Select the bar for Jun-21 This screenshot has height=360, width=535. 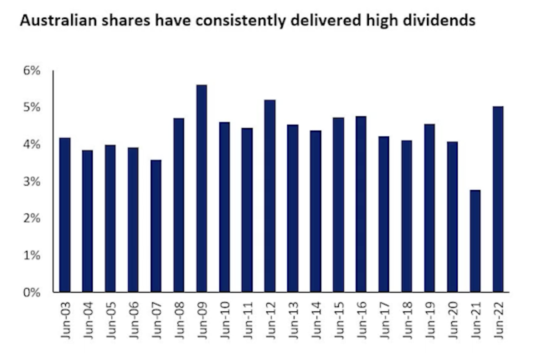point(475,241)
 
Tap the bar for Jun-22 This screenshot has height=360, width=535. point(498,199)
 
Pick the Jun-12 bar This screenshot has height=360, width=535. point(270,196)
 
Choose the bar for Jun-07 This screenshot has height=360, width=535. point(156,226)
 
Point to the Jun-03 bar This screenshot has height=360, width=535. point(65,215)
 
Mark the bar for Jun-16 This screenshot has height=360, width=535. point(361,204)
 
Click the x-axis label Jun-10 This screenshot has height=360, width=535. point(225,320)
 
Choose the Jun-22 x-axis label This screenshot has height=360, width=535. point(498,320)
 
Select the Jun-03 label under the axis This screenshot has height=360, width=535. point(66,320)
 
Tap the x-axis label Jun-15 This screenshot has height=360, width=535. point(339,320)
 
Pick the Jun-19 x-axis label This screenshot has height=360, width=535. point(430,320)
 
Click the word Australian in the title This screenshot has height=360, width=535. point(58,20)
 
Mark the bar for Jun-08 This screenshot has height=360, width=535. point(178,205)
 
